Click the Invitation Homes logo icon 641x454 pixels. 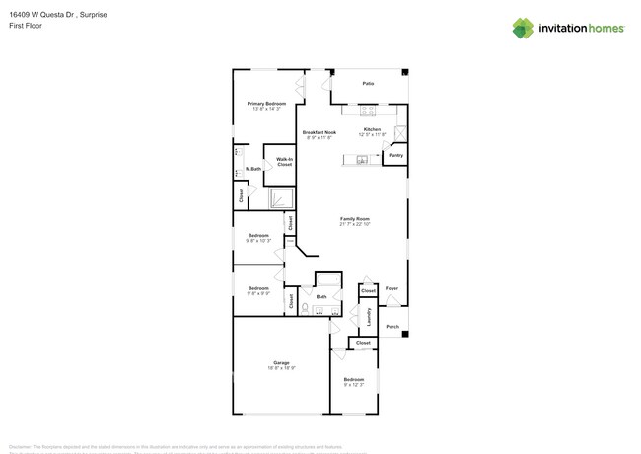523,28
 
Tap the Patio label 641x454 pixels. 368,84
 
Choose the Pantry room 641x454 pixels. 395,155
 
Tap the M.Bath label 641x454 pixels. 253,169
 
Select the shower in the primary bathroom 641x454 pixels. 283,199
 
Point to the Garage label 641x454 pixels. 281,363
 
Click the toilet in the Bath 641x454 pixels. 306,309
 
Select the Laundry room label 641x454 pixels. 369,316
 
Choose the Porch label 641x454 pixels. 392,326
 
